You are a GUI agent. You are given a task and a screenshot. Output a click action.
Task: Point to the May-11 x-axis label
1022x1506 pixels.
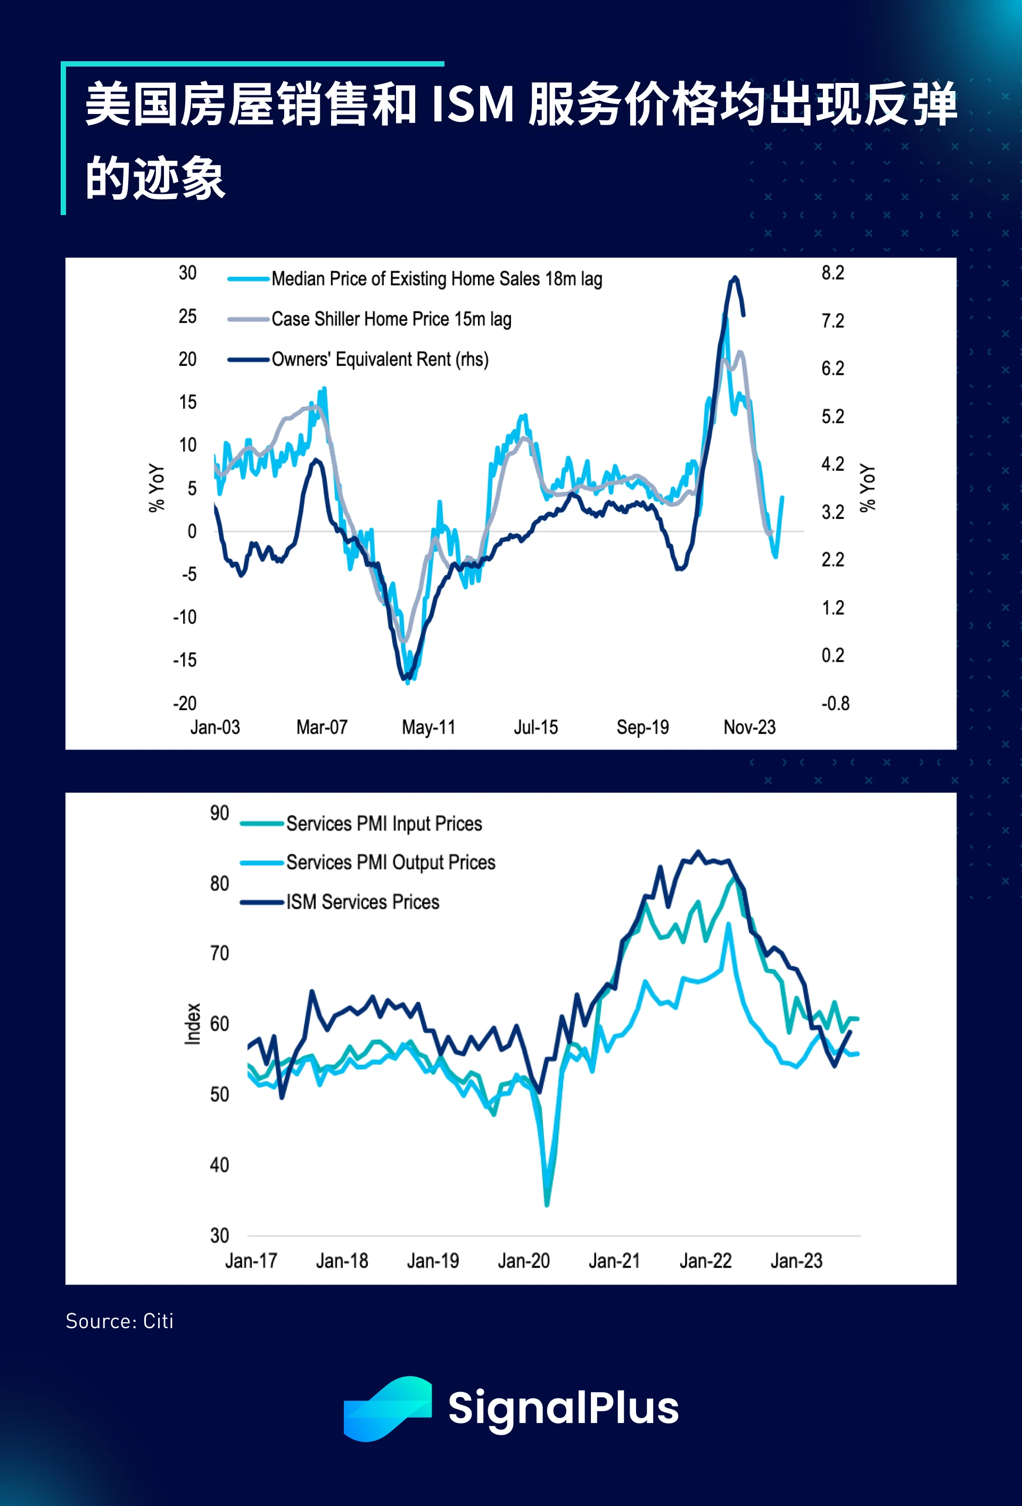point(428,727)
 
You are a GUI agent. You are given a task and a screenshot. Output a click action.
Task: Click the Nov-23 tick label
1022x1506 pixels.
point(749,727)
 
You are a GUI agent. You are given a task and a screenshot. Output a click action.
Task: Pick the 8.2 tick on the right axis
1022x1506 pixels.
point(833,273)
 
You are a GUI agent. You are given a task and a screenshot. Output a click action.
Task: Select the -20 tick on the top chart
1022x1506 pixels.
point(185,703)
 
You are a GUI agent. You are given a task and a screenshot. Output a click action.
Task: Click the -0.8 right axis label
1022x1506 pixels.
point(835,703)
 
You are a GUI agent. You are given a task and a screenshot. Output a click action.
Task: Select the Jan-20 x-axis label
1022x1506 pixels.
point(524,1261)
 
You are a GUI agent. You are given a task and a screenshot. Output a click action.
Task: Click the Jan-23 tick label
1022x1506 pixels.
point(796,1261)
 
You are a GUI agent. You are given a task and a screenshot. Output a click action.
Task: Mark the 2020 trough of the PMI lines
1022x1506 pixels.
point(547,1204)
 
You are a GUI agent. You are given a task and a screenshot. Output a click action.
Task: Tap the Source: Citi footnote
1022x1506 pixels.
point(119,1321)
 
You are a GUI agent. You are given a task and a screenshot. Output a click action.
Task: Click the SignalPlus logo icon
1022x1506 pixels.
point(388,1408)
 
